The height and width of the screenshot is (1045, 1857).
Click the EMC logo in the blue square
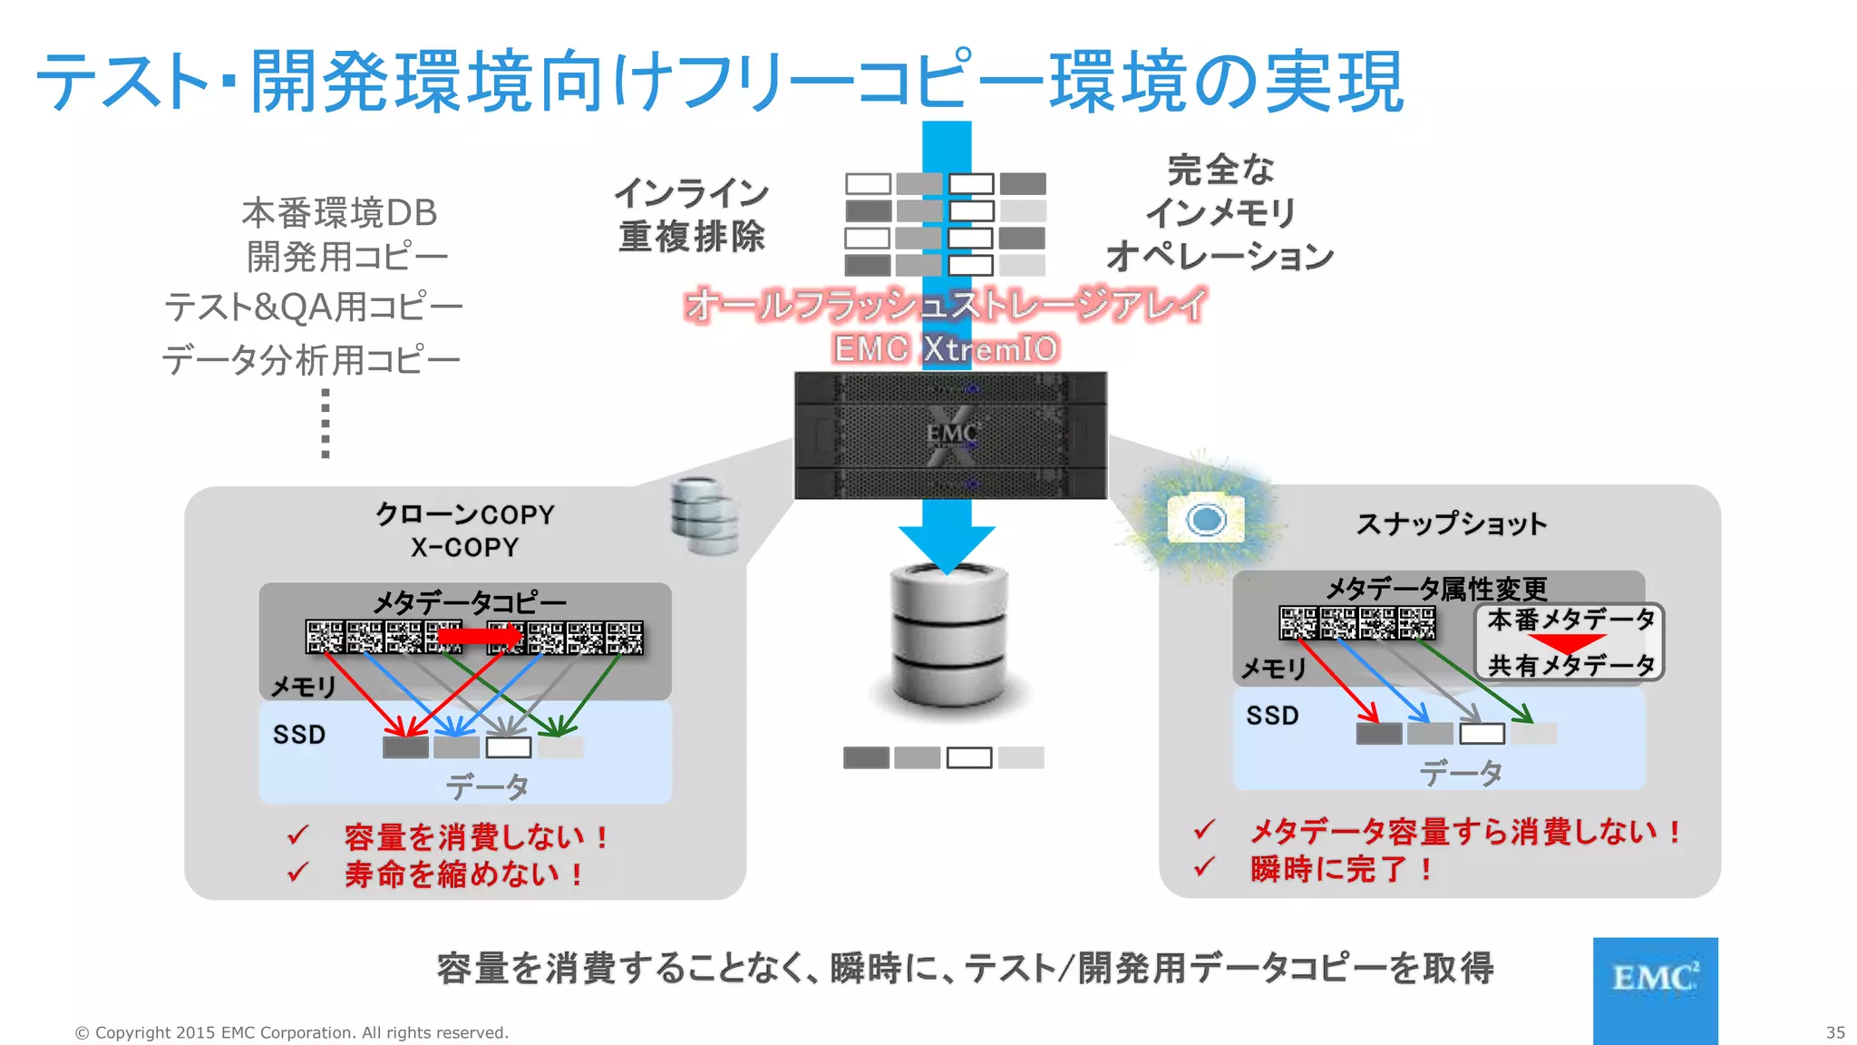pos(1655,979)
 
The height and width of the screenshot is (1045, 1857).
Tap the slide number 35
pos(1835,1032)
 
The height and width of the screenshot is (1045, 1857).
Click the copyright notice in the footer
pos(291,1032)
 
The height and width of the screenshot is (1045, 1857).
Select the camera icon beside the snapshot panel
pos(1206,519)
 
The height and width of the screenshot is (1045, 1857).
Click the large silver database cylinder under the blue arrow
pos(948,635)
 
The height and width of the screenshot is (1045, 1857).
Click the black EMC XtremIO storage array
pos(950,435)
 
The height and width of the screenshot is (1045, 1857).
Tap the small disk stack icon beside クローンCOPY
pos(705,515)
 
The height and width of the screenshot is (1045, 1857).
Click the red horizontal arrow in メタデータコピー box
pos(480,637)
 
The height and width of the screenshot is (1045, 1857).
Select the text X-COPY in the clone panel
pos(464,548)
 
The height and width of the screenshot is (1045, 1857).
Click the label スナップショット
pos(1451,523)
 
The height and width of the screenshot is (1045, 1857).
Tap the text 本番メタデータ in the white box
pos(1570,620)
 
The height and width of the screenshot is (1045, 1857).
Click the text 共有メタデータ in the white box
pos(1570,666)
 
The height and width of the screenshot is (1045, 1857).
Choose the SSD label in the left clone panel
pos(299,734)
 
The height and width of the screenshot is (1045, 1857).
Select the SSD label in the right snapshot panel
pos(1272,715)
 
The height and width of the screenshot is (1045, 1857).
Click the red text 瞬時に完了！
pos(1342,869)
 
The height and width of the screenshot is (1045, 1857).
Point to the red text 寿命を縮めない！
pos(463,874)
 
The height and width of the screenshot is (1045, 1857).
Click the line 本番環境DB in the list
pos(339,213)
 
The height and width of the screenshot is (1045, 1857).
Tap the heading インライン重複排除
pos(692,215)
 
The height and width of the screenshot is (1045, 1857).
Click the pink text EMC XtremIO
pos(946,348)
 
